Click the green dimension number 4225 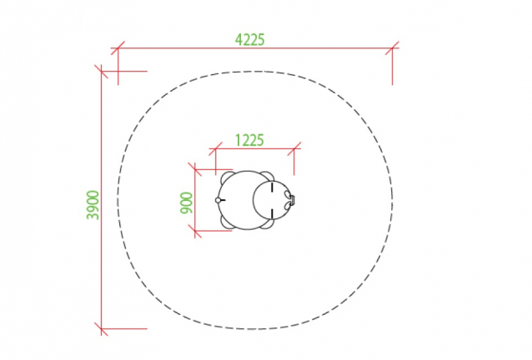click(x=249, y=40)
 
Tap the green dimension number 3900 click(x=93, y=205)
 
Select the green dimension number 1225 click(x=249, y=140)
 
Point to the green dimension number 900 click(x=186, y=203)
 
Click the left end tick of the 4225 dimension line click(x=118, y=48)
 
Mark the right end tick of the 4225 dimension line click(x=392, y=48)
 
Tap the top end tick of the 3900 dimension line click(x=101, y=71)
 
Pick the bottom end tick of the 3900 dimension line click(x=101, y=329)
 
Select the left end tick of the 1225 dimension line click(x=215, y=148)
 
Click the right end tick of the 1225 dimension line click(x=294, y=148)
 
